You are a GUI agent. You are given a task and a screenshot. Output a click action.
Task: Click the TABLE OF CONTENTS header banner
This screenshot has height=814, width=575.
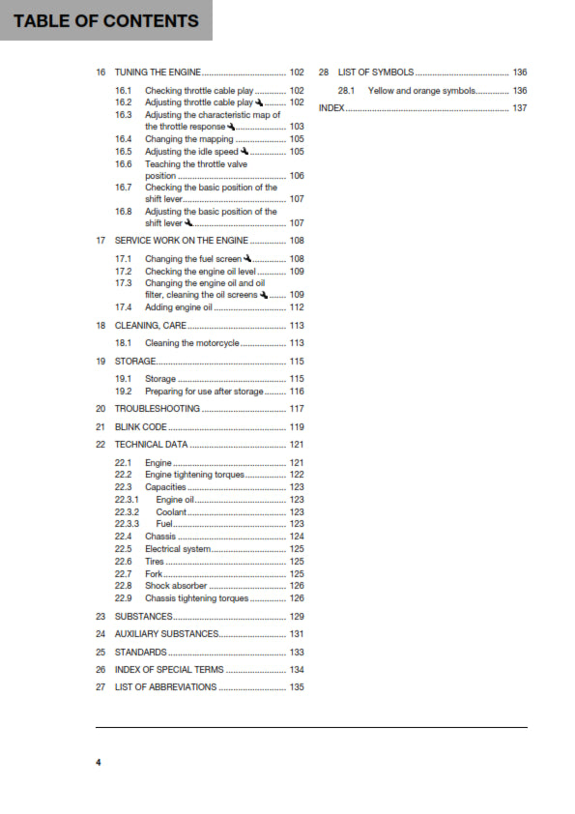coord(106,20)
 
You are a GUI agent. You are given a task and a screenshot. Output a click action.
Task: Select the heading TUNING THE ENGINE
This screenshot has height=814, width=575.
coord(158,73)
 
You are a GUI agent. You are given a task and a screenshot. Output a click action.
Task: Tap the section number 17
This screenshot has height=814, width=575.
coord(101,240)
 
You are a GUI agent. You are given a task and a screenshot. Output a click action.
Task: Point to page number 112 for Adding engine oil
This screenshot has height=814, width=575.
coord(297,307)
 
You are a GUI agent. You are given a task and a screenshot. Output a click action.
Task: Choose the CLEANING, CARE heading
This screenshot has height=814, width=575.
coord(151,326)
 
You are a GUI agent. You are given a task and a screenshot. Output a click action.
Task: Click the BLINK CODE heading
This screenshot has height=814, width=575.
coord(141,426)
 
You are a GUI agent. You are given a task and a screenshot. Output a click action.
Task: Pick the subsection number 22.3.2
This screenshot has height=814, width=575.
coord(127,511)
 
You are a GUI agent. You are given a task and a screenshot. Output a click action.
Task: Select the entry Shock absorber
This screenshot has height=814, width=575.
coord(176,585)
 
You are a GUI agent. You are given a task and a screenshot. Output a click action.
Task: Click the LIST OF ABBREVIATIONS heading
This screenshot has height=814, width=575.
coord(165,686)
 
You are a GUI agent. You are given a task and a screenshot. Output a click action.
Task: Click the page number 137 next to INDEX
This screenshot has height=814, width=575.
coord(519,107)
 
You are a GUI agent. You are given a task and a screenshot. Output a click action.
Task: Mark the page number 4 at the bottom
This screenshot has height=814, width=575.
coord(98,763)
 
